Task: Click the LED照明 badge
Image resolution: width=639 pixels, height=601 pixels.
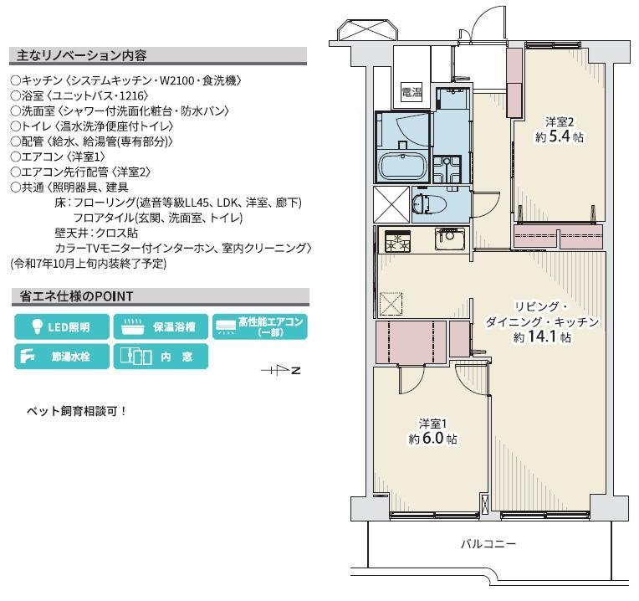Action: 62,326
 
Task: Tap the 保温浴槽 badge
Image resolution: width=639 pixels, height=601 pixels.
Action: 161,326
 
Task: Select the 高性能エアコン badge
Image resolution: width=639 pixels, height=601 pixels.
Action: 260,326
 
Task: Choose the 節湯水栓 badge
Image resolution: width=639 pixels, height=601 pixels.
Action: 62,357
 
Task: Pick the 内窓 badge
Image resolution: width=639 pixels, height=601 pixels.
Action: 161,357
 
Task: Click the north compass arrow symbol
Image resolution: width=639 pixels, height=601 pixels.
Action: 281,370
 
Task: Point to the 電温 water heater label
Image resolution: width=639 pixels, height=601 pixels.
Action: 412,92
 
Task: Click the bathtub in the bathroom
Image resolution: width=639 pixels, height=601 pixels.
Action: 403,167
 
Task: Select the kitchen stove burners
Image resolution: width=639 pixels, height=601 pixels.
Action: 398,241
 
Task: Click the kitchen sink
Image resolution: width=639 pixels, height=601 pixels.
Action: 450,239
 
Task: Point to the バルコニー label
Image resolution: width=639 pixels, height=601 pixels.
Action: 488,544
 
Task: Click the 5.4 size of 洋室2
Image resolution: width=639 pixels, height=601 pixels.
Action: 560,136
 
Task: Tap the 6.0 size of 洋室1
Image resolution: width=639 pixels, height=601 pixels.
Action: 432,438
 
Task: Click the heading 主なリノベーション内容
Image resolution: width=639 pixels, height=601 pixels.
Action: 81,55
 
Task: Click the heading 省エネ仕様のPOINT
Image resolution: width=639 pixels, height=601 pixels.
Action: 76,296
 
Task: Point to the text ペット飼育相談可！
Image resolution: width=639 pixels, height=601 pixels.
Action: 77,411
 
